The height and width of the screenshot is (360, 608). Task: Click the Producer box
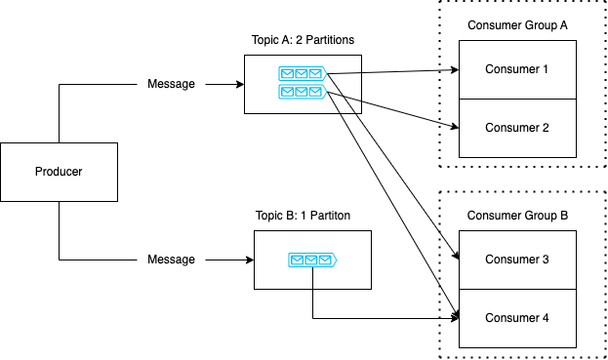coord(59,172)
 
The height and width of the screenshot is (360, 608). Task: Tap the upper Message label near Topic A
coord(171,84)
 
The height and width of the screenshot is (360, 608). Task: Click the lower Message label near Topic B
coord(171,260)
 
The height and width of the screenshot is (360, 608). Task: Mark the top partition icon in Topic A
coord(302,74)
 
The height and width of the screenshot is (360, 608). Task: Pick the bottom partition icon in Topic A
coord(302,92)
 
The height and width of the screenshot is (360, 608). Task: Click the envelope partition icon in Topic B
coord(312,260)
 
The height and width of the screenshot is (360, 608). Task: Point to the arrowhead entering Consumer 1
coord(455,70)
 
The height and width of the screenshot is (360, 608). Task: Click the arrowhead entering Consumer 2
coord(455,127)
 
